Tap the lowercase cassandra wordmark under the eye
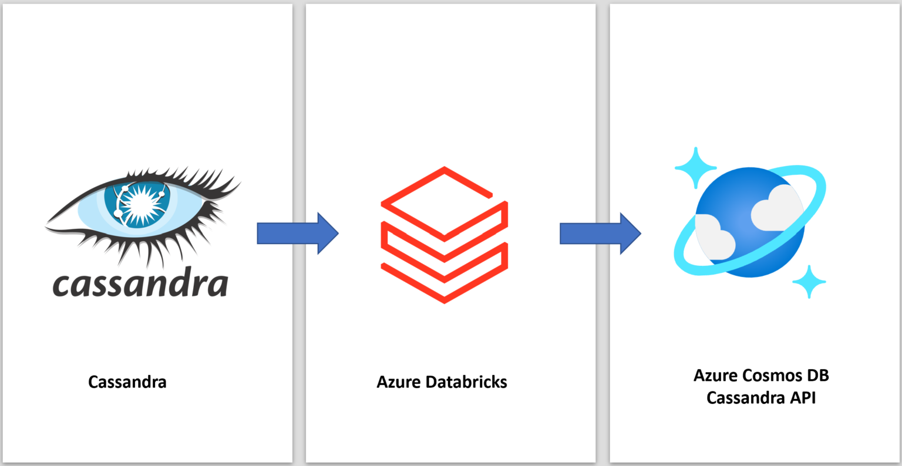point(140,284)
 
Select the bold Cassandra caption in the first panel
point(127,382)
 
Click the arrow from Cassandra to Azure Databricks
point(297,233)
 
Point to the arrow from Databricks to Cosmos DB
point(600,233)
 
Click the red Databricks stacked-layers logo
point(444,235)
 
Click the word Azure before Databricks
point(399,382)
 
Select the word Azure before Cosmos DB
point(715,375)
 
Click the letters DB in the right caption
point(817,375)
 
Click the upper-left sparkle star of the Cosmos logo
point(696,167)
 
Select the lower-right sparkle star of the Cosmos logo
point(809,282)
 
